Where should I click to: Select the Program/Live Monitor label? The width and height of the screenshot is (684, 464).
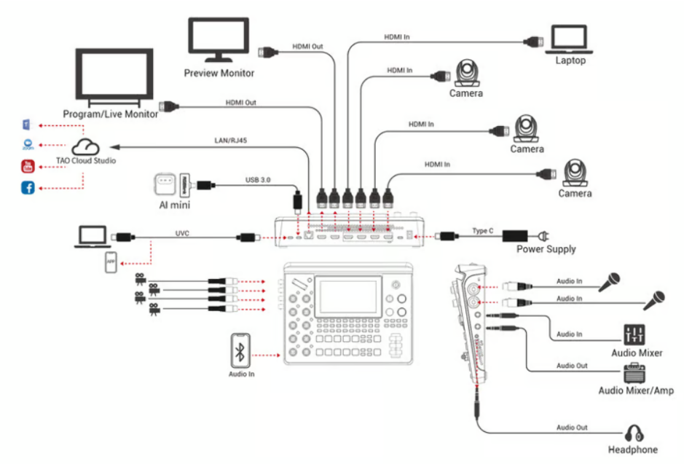[x=111, y=114]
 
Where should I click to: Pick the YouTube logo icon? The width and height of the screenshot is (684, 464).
[x=28, y=167]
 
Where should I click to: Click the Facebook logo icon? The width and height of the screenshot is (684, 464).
[x=28, y=189]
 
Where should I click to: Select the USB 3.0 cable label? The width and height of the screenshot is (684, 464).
[x=259, y=179]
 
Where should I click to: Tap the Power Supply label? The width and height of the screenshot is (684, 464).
[x=546, y=249]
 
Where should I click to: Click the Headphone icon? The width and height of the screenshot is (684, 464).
[x=632, y=433]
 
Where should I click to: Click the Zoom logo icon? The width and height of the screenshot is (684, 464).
[x=28, y=146]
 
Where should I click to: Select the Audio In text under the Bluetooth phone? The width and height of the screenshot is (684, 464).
[x=241, y=374]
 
